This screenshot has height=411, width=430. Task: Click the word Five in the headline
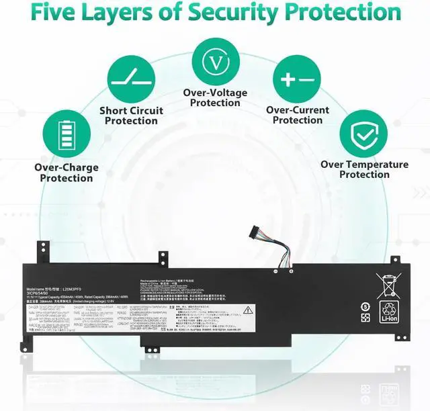pos(55,13)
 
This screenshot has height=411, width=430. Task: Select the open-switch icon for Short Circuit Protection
pos(131,75)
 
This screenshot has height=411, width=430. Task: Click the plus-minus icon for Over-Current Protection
pos(298,79)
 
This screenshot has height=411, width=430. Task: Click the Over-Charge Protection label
pos(67,173)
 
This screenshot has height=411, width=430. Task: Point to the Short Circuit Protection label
pos(131,116)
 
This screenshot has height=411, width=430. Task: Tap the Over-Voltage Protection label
pos(215,97)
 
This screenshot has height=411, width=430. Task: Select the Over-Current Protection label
pos(298,115)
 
